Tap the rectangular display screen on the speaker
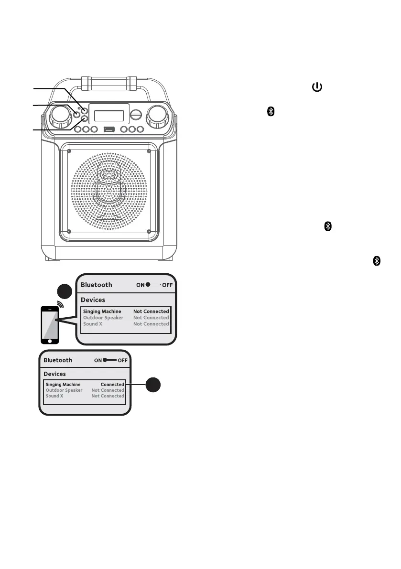pyautogui.click(x=111, y=115)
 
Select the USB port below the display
pyautogui.click(x=108, y=129)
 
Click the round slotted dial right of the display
pyautogui.click(x=137, y=115)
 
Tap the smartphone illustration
pyautogui.click(x=49, y=324)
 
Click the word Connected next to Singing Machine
pyautogui.click(x=112, y=385)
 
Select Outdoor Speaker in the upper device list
pyautogui.click(x=103, y=318)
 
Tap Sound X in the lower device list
pyautogui.click(x=54, y=396)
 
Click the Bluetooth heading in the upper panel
pyautogui.click(x=97, y=285)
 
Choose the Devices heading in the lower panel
pyautogui.click(x=55, y=374)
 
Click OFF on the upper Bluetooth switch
pyautogui.click(x=167, y=285)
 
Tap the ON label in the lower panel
pyautogui.click(x=98, y=360)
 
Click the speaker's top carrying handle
pyautogui.click(x=108, y=82)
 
